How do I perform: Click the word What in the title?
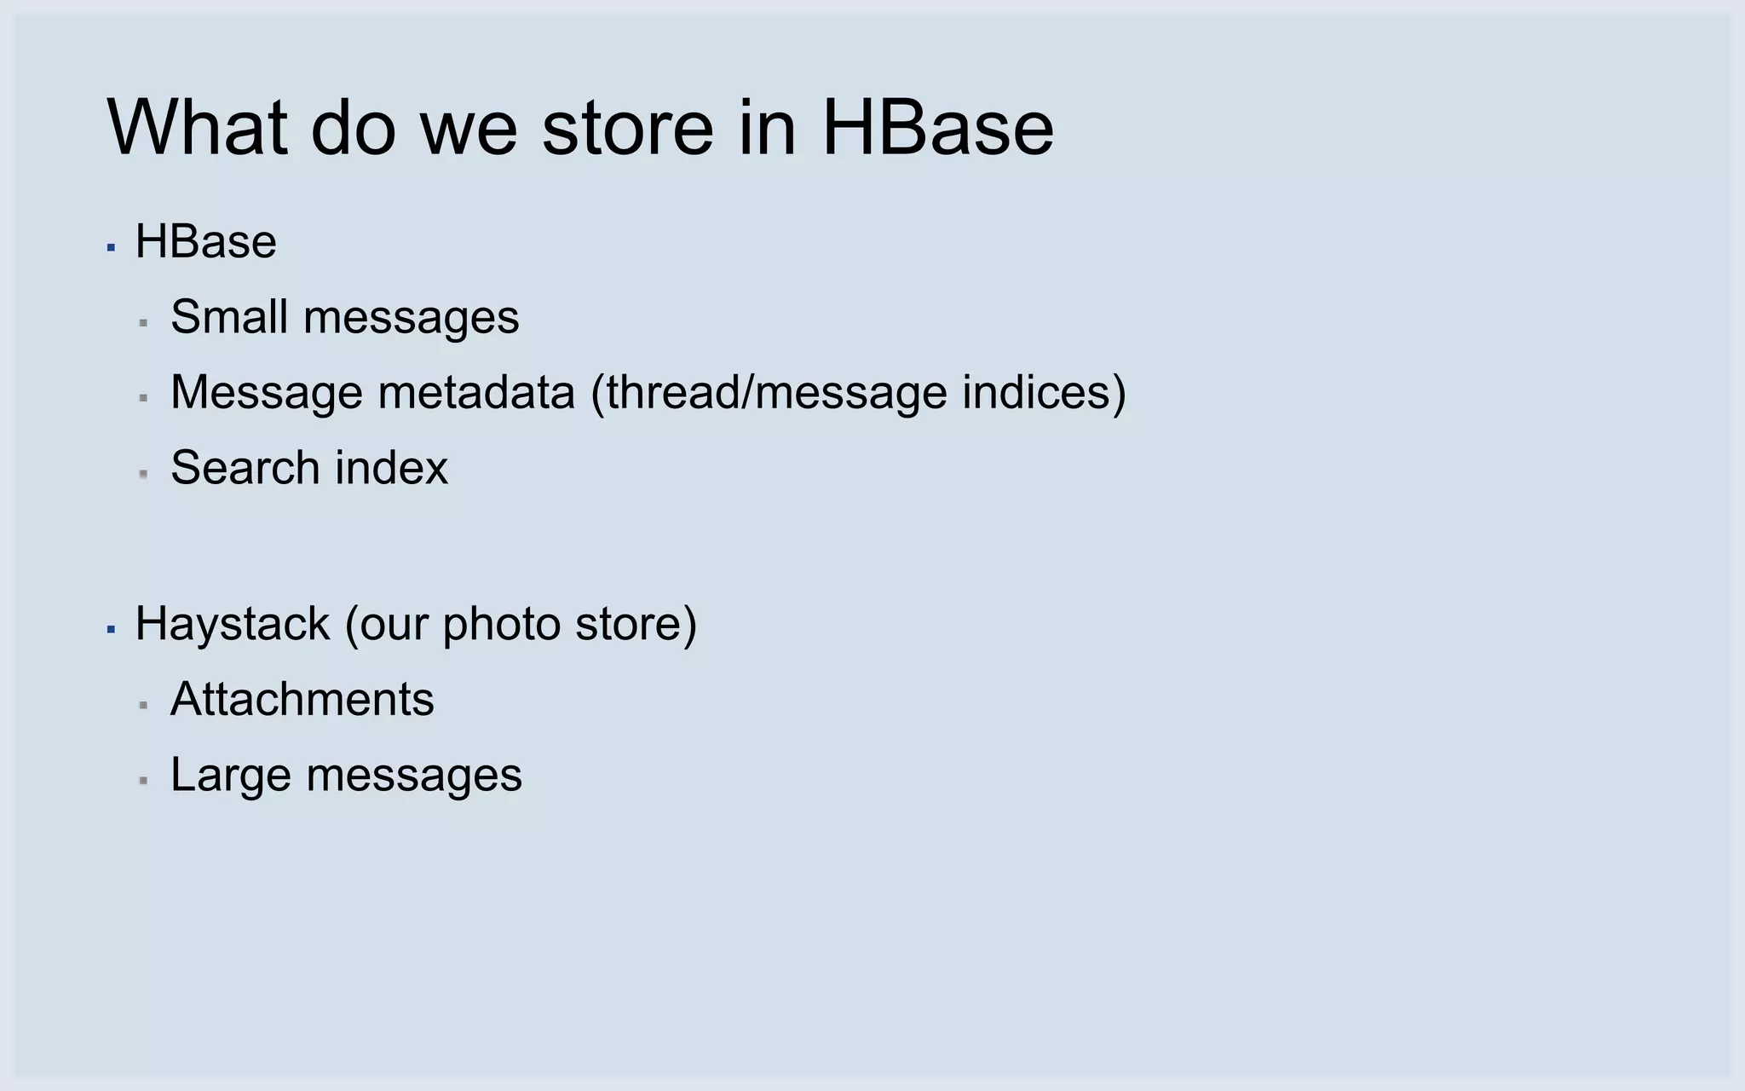pyautogui.click(x=197, y=128)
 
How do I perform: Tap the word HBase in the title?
pyautogui.click(x=937, y=128)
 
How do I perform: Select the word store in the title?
pyautogui.click(x=627, y=128)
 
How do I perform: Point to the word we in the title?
pyautogui.click(x=469, y=128)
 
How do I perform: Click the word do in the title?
pyautogui.click(x=354, y=128)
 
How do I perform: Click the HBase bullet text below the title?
pyautogui.click(x=205, y=242)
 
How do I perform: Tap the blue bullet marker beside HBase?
pyautogui.click(x=111, y=247)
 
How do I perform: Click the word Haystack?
pyautogui.click(x=232, y=624)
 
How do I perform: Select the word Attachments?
pyautogui.click(x=302, y=699)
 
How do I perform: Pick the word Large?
pyautogui.click(x=230, y=776)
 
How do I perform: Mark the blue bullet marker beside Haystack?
pyautogui.click(x=111, y=629)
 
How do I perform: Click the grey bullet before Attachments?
pyautogui.click(x=143, y=705)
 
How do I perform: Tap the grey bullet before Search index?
pyautogui.click(x=143, y=473)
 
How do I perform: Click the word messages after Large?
pyautogui.click(x=414, y=776)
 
